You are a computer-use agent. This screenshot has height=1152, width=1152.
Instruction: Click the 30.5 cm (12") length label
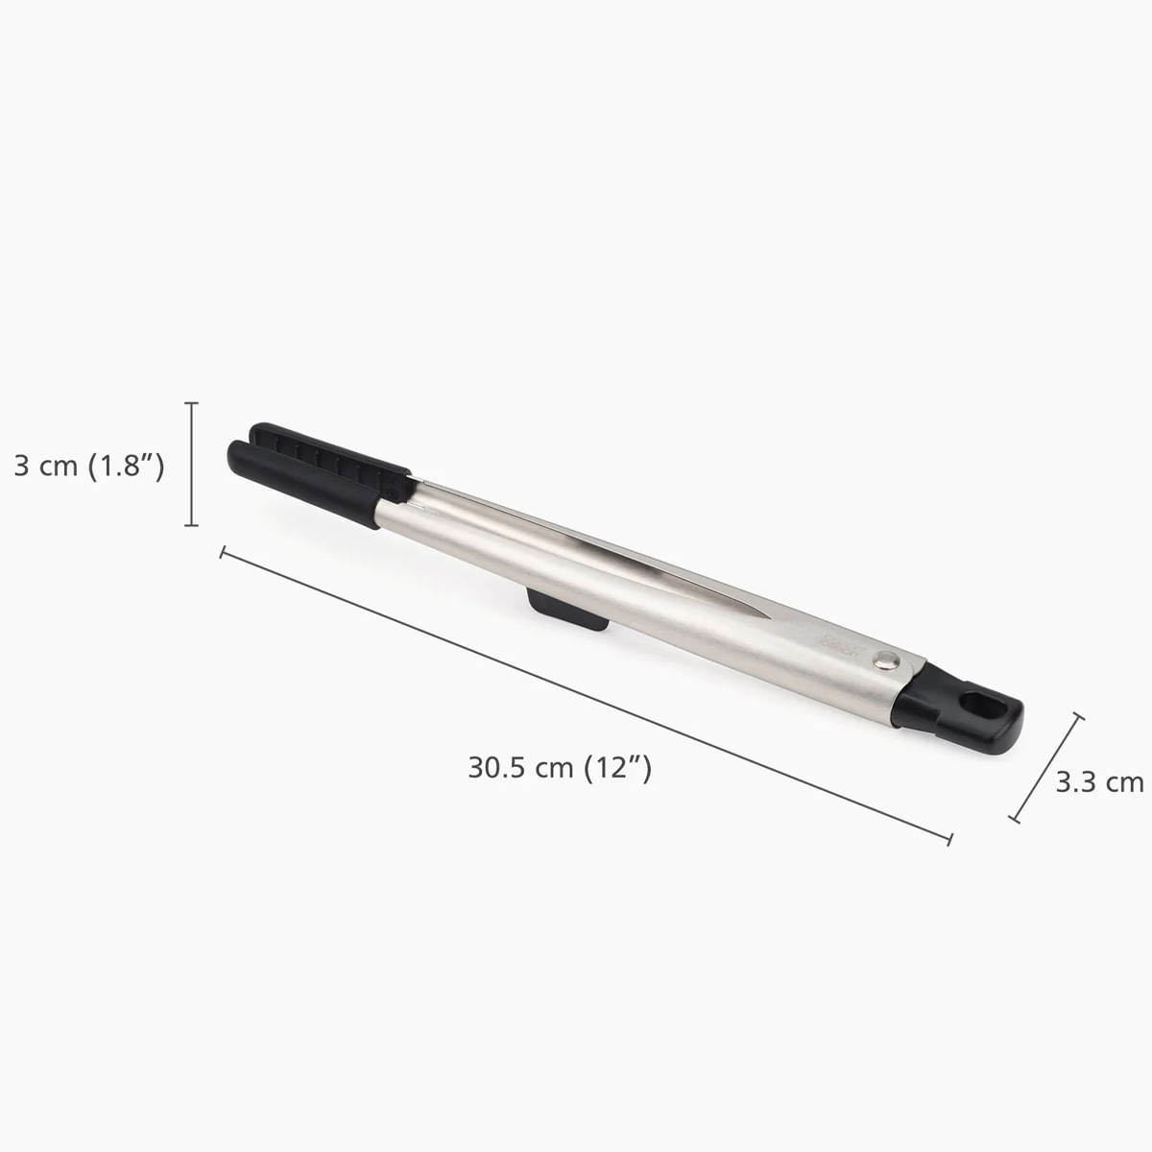(560, 767)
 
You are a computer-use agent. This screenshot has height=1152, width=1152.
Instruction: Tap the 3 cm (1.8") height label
(89, 467)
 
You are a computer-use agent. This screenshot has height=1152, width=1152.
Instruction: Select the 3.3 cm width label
(1099, 781)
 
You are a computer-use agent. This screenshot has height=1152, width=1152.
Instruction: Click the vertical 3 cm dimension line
(192, 465)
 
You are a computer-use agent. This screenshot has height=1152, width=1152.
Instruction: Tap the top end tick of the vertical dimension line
(192, 403)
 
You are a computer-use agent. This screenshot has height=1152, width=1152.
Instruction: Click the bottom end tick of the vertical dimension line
(192, 525)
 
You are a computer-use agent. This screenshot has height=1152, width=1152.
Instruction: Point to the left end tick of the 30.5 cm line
(223, 553)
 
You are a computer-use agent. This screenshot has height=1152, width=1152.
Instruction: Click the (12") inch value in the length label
(618, 767)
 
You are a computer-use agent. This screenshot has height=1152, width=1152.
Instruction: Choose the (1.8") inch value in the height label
(126, 467)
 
